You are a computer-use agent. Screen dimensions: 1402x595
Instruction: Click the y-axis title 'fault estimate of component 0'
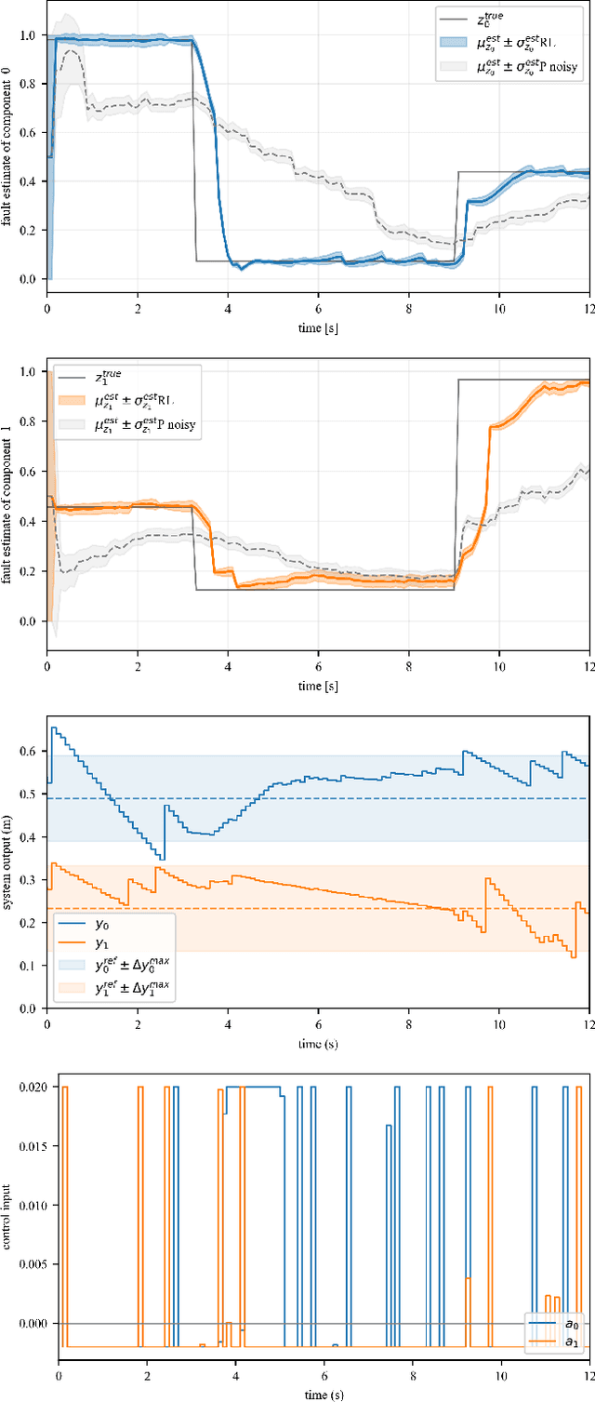(7, 150)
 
